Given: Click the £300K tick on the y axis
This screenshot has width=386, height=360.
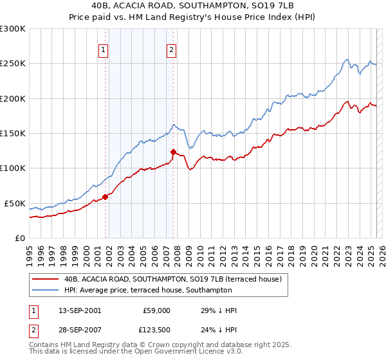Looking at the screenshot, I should click(x=12, y=29).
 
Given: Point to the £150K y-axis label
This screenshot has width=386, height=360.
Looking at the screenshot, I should click(x=12, y=134).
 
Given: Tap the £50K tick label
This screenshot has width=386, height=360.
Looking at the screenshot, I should click(x=15, y=203).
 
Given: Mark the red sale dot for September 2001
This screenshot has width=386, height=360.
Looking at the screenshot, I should click(x=105, y=197).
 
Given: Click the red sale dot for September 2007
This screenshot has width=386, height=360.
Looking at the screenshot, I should click(x=173, y=152).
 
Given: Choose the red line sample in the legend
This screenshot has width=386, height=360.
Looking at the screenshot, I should click(x=46, y=280).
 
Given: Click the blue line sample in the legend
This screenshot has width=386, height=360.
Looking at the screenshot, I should click(x=46, y=290).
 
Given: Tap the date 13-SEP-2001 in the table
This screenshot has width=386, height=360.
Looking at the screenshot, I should click(x=79, y=310).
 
